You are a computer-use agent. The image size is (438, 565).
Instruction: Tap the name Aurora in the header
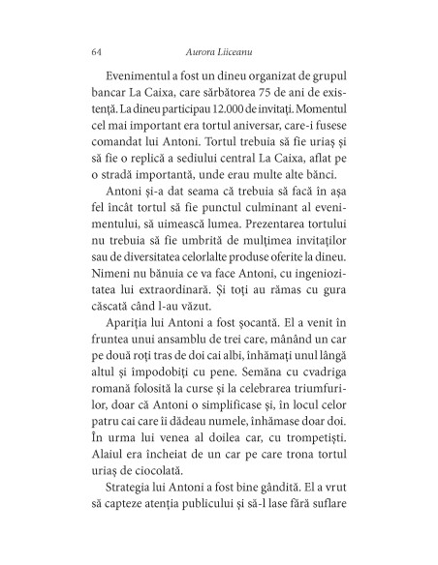[x=199, y=51]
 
